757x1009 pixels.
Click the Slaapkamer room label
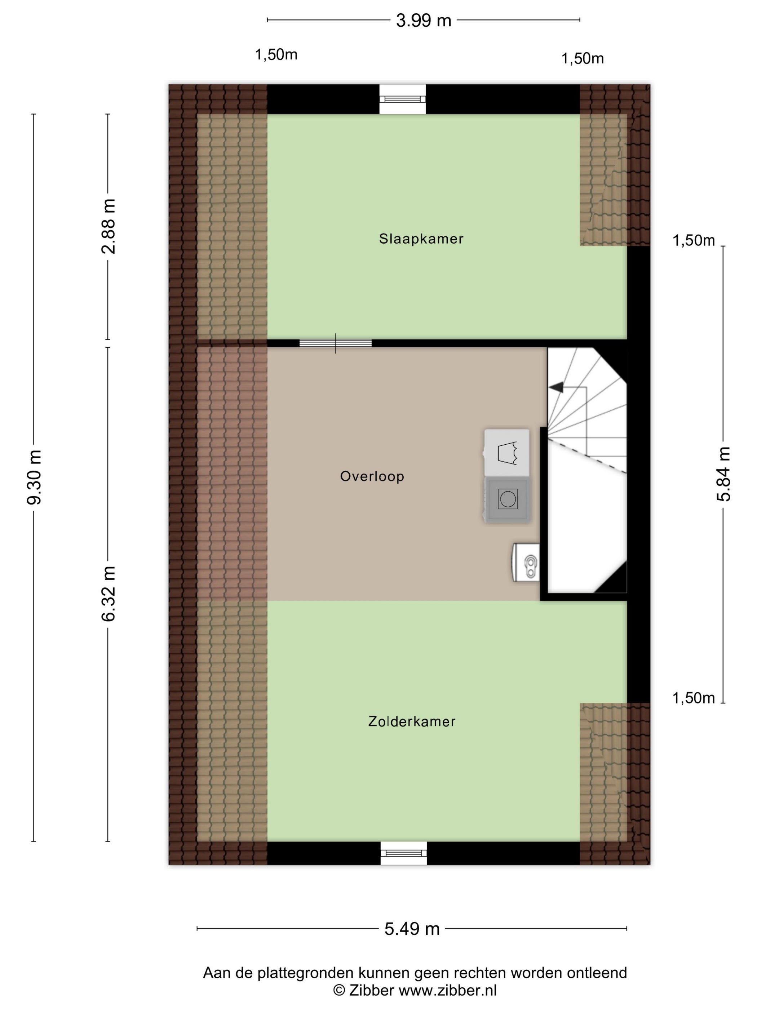(x=421, y=239)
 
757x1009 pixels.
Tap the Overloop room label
(x=372, y=476)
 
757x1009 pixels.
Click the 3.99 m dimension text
(x=424, y=21)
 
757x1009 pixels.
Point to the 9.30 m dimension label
(x=35, y=477)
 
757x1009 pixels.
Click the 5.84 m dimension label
(x=723, y=474)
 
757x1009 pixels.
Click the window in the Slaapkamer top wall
(x=402, y=99)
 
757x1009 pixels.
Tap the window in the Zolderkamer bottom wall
(x=404, y=853)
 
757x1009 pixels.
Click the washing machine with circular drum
(x=508, y=499)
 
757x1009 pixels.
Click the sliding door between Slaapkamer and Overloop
(x=335, y=343)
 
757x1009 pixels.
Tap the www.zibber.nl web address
(x=448, y=990)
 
